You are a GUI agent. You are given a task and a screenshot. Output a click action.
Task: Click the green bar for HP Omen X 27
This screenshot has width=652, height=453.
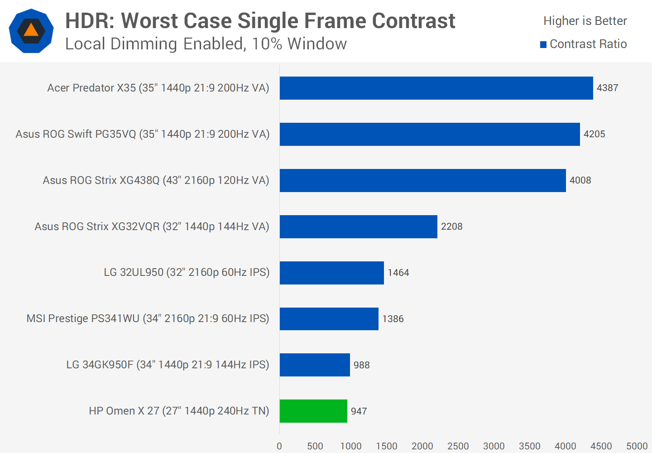coord(313,411)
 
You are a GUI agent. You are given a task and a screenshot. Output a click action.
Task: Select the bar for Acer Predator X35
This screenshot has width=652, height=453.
coord(436,88)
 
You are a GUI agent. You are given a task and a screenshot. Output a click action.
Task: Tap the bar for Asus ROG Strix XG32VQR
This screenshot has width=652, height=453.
coord(358,226)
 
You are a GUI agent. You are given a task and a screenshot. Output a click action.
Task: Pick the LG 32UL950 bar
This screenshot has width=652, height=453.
coord(331,273)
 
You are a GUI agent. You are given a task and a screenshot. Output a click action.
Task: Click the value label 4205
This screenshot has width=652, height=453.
coord(594,134)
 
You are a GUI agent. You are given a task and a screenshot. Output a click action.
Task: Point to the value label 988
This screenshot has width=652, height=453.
coord(361,365)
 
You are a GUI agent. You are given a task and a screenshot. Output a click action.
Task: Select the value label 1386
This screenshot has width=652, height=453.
coord(393,319)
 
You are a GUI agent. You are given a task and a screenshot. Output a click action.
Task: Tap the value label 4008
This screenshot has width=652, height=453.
coord(580,180)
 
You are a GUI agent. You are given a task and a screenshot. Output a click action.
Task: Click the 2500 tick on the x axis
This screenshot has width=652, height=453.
coord(458,446)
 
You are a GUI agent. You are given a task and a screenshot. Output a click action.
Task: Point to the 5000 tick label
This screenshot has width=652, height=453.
coord(637,446)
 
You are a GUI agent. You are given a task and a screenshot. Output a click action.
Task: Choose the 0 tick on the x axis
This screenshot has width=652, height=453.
coord(279,446)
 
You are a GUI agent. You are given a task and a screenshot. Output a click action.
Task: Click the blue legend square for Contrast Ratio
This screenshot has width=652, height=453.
coord(543,44)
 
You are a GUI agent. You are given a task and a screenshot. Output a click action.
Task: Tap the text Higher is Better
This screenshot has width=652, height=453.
coord(585,21)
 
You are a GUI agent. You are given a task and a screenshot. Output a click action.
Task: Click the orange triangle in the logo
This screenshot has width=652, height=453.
coord(31,30)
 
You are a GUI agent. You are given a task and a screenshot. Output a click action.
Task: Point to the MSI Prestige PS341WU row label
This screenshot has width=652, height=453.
coord(148,318)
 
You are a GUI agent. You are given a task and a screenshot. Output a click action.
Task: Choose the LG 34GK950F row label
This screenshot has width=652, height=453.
coord(168,365)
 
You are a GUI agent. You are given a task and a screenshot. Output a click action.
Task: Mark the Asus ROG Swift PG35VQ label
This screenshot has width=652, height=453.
coord(142,134)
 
